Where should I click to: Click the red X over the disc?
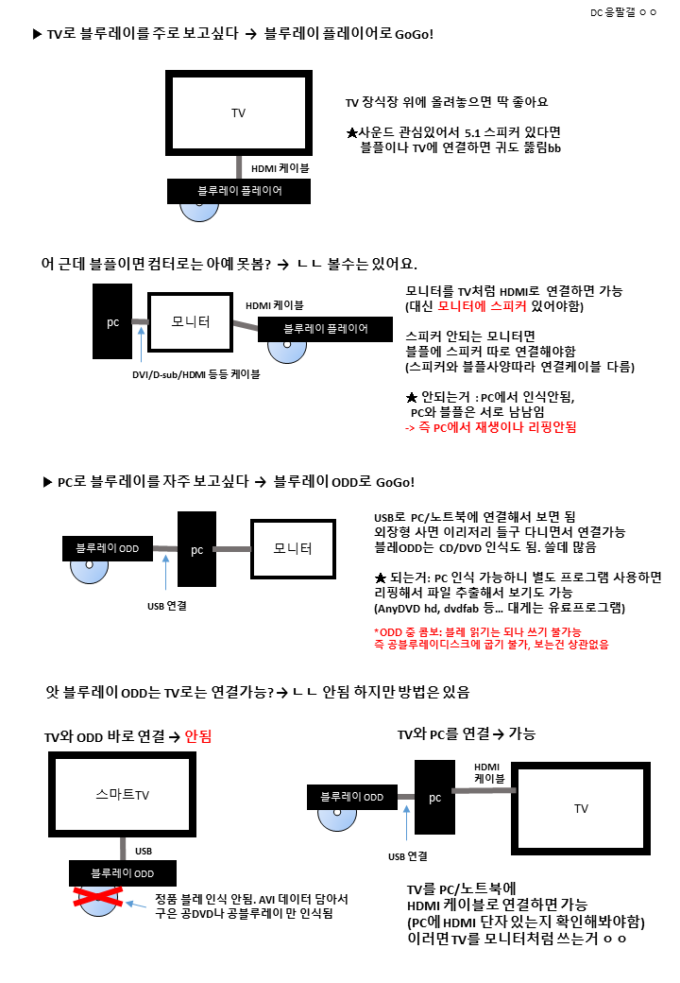pos(97,897)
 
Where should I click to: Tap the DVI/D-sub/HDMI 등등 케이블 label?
pos(196,374)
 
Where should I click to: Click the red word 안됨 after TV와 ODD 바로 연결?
pos(198,736)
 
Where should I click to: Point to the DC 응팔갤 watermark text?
pos(623,12)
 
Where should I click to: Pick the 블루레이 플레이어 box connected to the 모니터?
pos(325,329)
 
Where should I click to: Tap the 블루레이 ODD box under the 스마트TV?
pos(123,873)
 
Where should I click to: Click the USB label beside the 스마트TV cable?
pos(144,851)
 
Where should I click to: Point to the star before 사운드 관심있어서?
pos(352,133)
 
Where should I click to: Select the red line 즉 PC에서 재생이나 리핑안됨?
pos(491,427)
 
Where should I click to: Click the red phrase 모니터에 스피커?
pos(482,306)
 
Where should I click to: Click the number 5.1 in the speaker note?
pos(472,133)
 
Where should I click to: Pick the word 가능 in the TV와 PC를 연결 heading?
pos(521,733)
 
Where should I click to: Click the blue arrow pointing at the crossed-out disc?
pos(136,904)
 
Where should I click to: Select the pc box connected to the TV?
pos(434,798)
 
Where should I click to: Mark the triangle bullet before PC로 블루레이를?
pos(47,482)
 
